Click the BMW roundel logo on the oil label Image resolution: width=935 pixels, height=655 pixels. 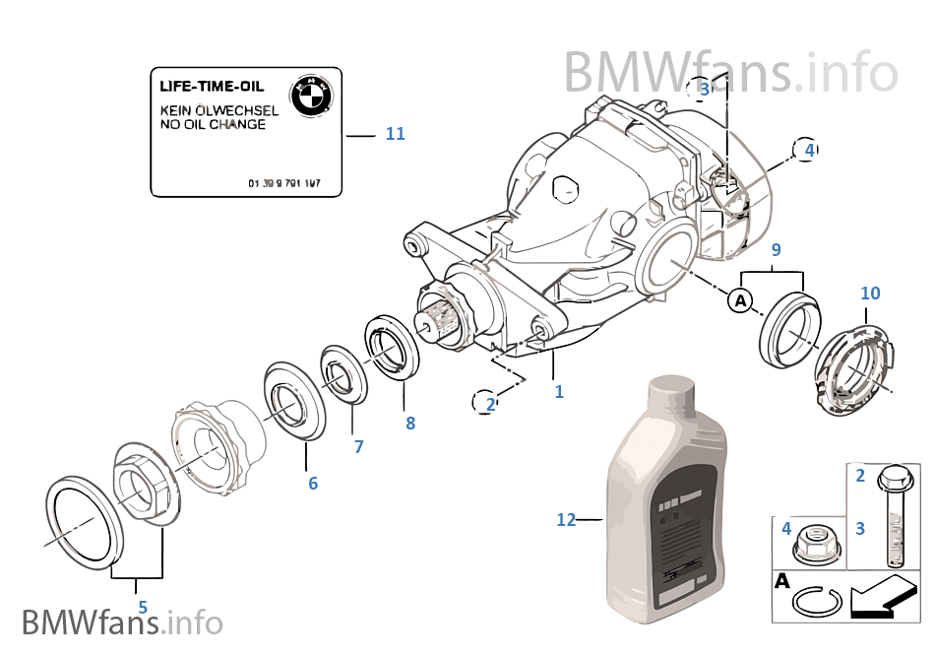coord(311,95)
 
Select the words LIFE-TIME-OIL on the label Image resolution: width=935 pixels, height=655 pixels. coord(212,86)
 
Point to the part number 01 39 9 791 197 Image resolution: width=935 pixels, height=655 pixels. coord(290,184)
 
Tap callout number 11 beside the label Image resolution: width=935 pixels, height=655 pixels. coord(395,134)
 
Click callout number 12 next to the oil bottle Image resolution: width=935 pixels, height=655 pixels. coord(566,519)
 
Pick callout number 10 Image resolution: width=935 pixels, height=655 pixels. coord(870,293)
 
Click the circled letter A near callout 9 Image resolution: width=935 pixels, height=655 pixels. coord(740,299)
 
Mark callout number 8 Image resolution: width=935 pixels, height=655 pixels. coord(410,424)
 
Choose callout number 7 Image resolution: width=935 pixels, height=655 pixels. coord(358,447)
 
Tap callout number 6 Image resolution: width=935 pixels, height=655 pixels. coord(313,483)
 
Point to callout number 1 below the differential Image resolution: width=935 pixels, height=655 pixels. coord(559,391)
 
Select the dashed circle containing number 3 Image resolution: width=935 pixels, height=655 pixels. coord(703,90)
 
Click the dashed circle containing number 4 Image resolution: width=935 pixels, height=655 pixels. coord(808,150)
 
